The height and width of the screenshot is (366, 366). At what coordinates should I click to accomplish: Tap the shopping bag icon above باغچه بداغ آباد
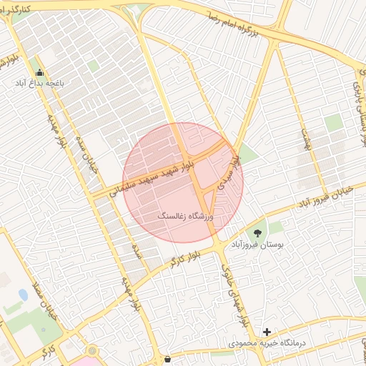[x=39, y=72]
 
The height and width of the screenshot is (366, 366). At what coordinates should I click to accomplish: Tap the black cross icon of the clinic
[x=267, y=332]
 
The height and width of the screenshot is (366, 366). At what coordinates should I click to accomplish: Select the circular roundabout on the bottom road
[x=91, y=351]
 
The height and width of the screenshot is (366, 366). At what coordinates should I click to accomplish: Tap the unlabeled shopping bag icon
[x=167, y=359]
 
